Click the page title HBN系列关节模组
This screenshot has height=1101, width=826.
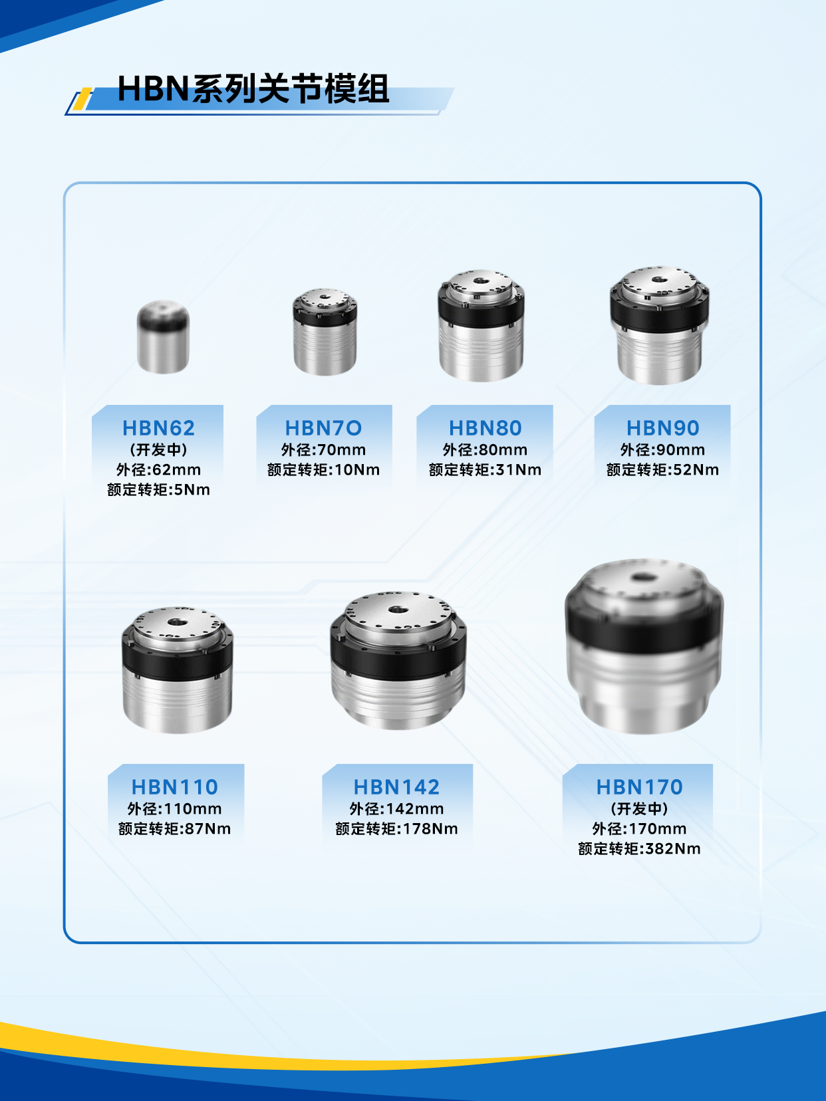[x=253, y=89]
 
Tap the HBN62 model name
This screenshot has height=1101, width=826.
[x=158, y=428]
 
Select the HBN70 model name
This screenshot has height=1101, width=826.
[x=323, y=428]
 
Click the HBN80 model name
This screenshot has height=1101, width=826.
[x=485, y=428]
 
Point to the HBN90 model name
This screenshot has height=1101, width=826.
[x=662, y=428]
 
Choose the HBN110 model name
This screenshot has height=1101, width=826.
[x=174, y=787]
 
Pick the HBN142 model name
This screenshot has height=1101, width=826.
[x=396, y=787]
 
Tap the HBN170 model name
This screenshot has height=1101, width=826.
[x=639, y=787]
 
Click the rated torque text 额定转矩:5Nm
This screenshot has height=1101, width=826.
[x=158, y=490]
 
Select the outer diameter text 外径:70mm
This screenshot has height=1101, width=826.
[x=323, y=450]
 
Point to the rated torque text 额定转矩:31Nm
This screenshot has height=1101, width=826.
[x=485, y=470]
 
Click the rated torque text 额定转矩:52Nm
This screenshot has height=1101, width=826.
[x=662, y=470]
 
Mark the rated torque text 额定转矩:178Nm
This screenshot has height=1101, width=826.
[x=396, y=829]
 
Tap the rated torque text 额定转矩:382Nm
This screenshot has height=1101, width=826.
[x=639, y=849]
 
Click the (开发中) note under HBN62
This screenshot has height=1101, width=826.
[x=158, y=450]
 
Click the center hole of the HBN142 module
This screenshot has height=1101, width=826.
[x=398, y=610]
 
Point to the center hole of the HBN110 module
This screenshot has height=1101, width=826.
[x=177, y=622]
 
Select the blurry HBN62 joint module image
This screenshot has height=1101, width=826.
[x=163, y=337]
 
